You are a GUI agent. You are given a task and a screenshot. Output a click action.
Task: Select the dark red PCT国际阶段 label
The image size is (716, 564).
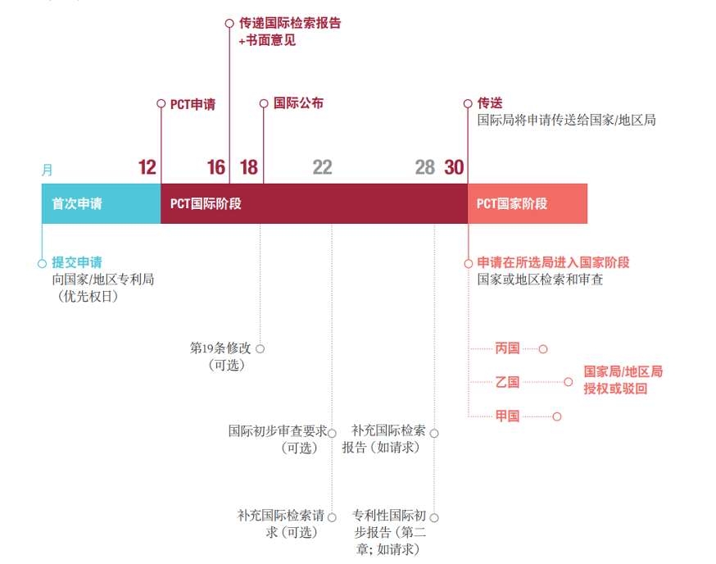click(206, 204)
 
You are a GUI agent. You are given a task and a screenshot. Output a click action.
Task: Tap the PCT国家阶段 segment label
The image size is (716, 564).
click(512, 204)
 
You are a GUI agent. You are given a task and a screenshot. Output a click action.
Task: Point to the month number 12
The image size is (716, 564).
click(147, 168)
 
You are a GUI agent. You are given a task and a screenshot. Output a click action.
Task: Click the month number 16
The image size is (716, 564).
click(215, 168)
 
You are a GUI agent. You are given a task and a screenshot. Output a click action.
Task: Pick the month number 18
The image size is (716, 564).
click(249, 168)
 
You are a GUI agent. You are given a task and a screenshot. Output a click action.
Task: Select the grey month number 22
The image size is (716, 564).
click(322, 168)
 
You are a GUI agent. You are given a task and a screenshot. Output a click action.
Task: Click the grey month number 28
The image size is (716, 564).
click(424, 168)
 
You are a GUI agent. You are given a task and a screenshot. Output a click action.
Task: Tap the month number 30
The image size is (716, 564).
click(454, 168)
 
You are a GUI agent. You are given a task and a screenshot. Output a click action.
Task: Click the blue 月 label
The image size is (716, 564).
click(48, 171)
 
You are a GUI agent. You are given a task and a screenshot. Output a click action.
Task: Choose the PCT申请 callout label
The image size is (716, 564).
click(193, 104)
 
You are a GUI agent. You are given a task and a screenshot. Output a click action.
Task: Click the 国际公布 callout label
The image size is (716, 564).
click(298, 104)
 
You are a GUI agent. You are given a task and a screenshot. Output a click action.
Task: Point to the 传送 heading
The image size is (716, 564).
click(490, 104)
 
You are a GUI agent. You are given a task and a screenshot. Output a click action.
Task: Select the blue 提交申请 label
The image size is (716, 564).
click(77, 262)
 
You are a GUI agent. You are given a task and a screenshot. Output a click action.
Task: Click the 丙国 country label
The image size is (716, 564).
click(508, 348)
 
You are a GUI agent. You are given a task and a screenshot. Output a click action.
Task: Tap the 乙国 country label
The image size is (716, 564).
click(508, 382)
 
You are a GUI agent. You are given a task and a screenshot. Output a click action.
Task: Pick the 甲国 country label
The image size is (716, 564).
click(508, 416)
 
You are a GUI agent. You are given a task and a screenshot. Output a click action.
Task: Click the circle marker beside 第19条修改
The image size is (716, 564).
click(260, 348)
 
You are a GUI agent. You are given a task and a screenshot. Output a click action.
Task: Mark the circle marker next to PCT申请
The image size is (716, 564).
click(161, 104)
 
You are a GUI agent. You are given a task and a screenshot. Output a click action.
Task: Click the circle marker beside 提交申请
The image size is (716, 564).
click(42, 263)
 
